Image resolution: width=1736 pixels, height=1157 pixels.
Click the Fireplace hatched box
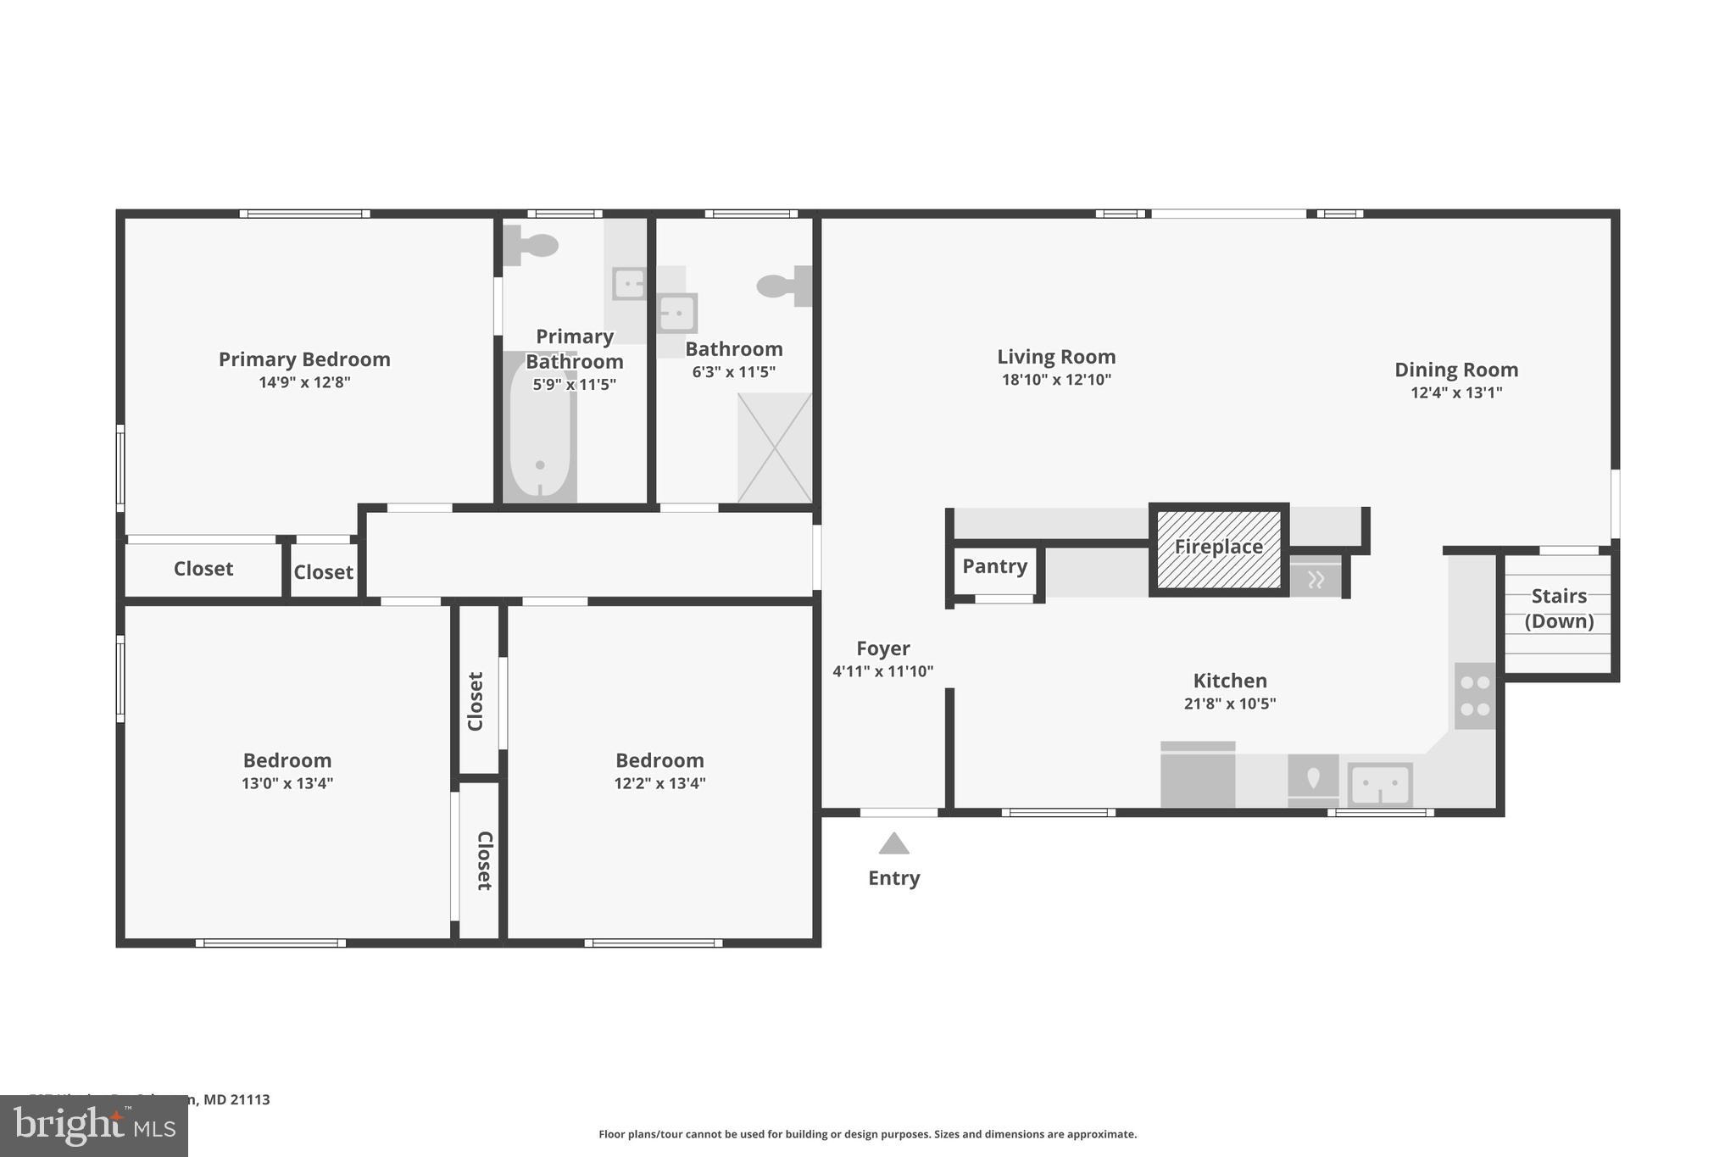coord(1219,548)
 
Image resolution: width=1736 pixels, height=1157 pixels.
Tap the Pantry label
coord(994,566)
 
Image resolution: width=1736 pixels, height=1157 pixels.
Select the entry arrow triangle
coord(893,844)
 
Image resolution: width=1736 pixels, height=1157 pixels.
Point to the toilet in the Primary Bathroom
coord(531,246)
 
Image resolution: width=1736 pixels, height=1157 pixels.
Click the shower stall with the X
coord(775,448)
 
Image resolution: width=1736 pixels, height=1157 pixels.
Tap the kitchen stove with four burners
coord(1475,696)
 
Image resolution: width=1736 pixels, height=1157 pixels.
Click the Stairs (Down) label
coord(1559,609)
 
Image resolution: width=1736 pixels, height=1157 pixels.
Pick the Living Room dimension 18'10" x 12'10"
coord(1056,380)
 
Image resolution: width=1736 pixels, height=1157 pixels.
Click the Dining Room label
coord(1455,370)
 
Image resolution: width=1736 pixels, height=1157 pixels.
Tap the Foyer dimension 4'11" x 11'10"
coord(882,671)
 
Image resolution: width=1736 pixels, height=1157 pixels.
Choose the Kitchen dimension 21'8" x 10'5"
coord(1229,704)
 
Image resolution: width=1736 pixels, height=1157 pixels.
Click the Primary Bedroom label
coord(304,359)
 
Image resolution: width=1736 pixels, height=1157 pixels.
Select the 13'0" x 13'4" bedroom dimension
coord(287,783)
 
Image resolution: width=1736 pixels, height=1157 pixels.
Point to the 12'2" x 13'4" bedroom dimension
coord(659,783)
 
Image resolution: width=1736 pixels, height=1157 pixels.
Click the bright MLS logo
coord(94,1126)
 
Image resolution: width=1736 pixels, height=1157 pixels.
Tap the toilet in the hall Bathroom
coord(783,286)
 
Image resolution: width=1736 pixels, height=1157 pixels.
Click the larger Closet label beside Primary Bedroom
coord(203,569)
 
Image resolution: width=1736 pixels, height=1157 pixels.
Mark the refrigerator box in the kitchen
coord(1197,776)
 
